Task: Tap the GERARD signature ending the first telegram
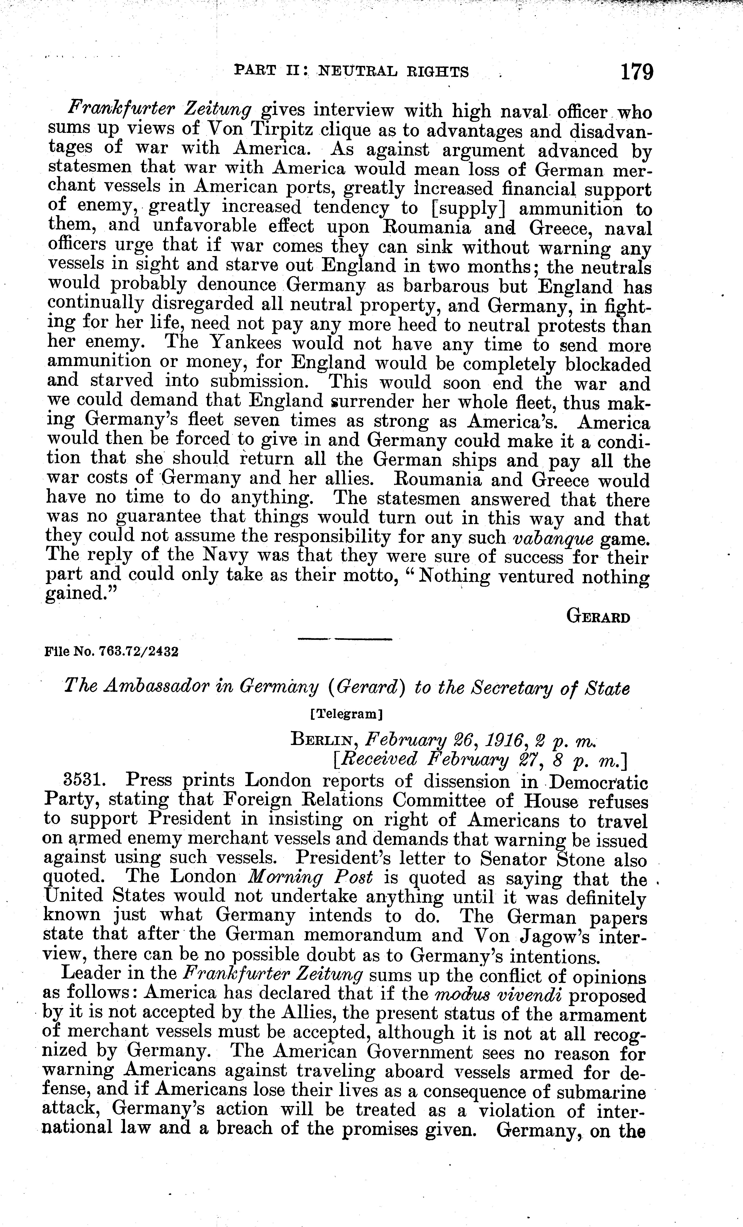pyautogui.click(x=598, y=617)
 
